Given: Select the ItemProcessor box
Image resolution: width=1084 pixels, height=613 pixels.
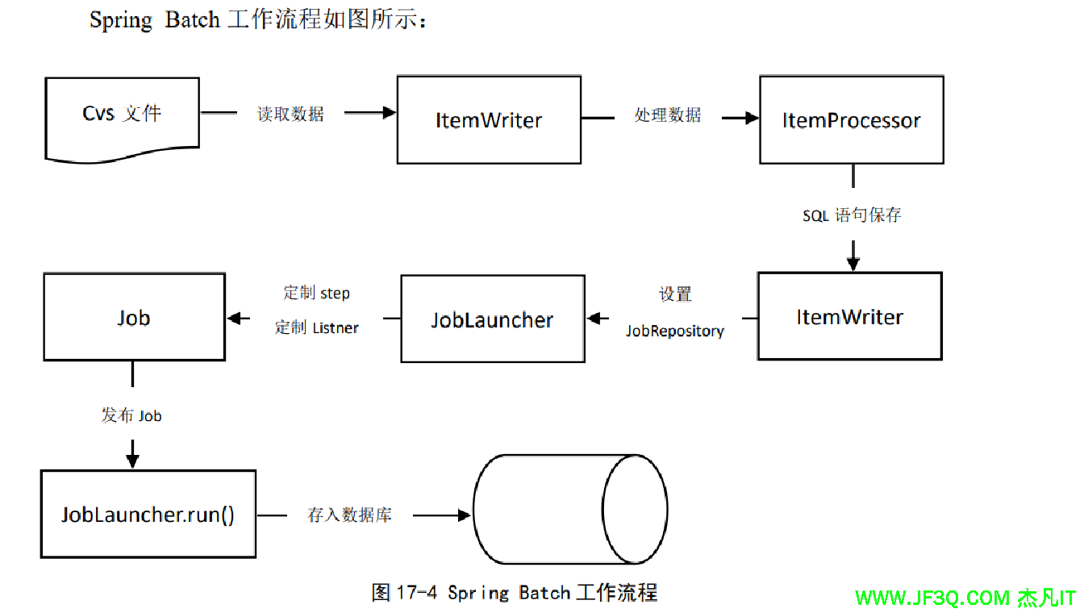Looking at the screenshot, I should click(x=851, y=120).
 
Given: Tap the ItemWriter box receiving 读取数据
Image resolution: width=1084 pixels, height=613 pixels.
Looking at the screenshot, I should click(x=489, y=120).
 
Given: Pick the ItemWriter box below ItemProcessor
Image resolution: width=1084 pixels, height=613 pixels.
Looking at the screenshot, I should click(x=849, y=317).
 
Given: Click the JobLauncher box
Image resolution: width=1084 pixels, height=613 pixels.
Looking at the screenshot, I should click(x=492, y=319).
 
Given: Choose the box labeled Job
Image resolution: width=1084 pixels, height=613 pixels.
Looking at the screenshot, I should click(x=134, y=317).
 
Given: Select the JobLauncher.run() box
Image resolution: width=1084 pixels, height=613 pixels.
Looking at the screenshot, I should click(x=148, y=515).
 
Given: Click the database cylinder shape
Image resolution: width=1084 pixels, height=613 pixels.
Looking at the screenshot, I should click(x=569, y=509).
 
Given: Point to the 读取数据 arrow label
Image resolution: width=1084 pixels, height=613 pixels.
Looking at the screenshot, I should click(x=290, y=115).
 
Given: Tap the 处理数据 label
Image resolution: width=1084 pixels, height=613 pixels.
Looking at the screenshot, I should click(x=668, y=115).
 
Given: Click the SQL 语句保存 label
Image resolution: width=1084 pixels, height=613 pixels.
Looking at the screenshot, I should click(x=852, y=215).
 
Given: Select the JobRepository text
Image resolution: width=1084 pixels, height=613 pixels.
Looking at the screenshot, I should click(x=675, y=331).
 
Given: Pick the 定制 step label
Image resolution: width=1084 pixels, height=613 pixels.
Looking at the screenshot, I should click(x=317, y=293).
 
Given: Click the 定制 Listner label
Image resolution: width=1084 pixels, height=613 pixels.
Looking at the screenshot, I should click(x=317, y=327).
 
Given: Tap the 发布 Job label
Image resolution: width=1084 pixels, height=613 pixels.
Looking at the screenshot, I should click(x=131, y=415).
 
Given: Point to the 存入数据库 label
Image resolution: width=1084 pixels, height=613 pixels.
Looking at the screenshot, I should click(x=350, y=515).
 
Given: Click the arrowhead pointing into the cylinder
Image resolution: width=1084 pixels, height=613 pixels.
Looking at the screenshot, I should click(x=465, y=515).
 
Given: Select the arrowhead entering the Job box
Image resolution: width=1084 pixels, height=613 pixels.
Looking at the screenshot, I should click(x=234, y=319).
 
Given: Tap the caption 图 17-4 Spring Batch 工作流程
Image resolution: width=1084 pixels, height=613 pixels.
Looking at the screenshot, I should click(x=515, y=593).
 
